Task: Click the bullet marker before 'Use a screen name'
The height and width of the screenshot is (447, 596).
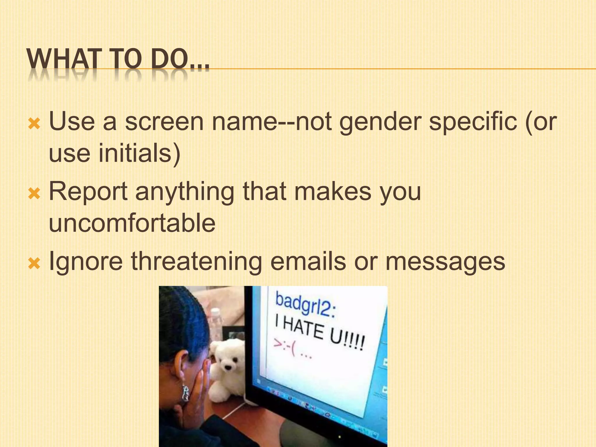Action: point(34,124)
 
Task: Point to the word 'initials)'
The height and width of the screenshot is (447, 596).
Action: point(139,154)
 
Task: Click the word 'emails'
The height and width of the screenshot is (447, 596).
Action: point(308,261)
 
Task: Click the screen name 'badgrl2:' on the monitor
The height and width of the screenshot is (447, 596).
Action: point(305,305)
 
